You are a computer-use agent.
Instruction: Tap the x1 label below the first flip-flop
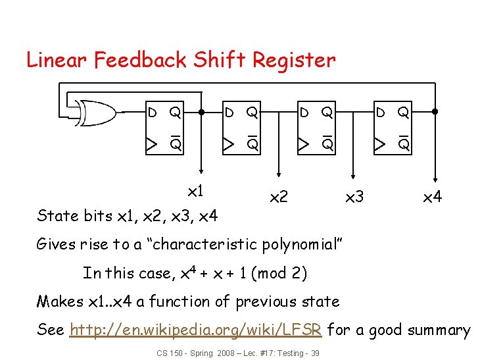195,192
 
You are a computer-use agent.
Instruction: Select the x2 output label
279,197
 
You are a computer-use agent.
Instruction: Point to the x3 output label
354,197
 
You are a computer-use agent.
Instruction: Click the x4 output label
432,197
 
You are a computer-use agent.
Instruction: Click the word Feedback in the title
141,60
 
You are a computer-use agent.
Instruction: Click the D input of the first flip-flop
152,113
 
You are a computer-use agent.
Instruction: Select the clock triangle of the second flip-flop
227,143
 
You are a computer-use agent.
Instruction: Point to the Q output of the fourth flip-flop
403,113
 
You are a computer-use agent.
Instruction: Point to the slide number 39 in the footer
315,353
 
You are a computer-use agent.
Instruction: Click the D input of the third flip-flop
303,113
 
